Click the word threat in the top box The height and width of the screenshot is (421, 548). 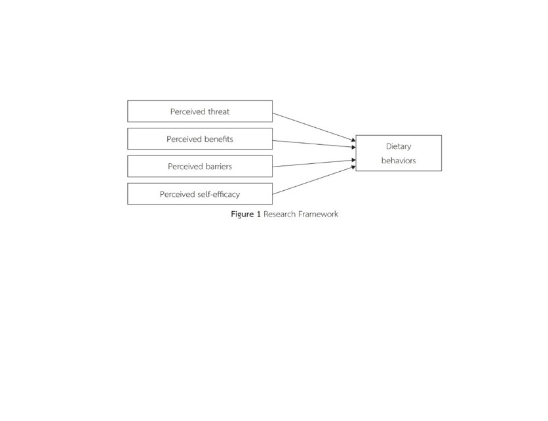coord(218,111)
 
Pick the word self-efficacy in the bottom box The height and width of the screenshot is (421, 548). coord(218,194)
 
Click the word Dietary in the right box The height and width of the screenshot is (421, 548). coord(399,146)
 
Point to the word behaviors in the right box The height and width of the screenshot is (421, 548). coord(399,161)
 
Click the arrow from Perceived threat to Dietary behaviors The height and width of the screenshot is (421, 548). coord(313,126)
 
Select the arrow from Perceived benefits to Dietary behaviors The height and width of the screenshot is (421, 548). coord(313,144)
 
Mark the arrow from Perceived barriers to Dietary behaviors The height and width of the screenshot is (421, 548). coord(313,163)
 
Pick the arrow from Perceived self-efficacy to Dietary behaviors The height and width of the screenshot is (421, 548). coord(313,180)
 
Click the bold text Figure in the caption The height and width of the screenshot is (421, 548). coord(242,214)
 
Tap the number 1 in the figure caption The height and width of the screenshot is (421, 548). coord(258,214)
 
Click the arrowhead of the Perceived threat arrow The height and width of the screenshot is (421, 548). coord(353,139)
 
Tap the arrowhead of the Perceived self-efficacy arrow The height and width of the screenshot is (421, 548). coord(353,168)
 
